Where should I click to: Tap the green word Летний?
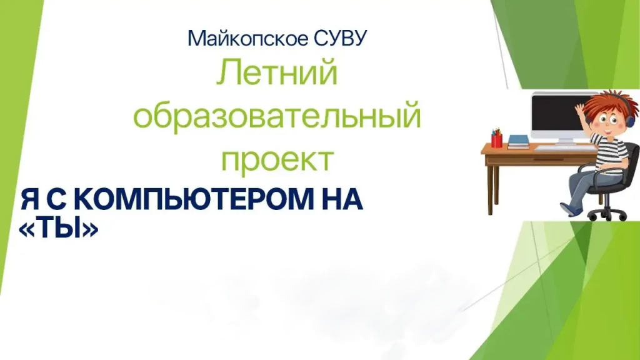coord(277,72)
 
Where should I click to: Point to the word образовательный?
coord(277,116)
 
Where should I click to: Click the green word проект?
coord(277,159)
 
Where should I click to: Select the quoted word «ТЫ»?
coord(59,229)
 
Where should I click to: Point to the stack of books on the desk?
coord(518,142)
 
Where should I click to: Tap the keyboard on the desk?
coord(565,147)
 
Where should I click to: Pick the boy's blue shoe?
coord(571,209)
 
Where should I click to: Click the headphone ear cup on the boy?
coord(631,121)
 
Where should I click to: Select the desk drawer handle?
coord(549,159)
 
